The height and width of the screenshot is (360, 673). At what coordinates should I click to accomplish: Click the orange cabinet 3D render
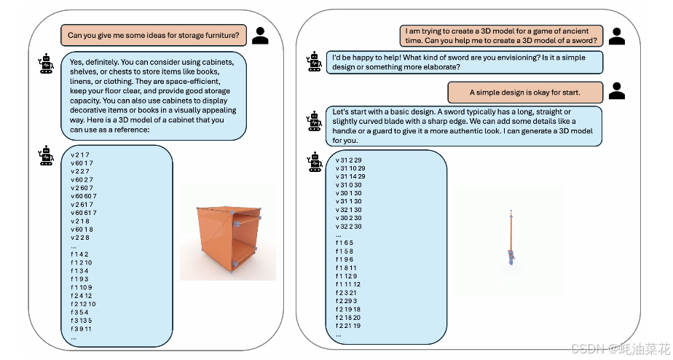click(x=228, y=233)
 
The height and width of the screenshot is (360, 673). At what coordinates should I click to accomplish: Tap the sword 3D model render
click(x=511, y=237)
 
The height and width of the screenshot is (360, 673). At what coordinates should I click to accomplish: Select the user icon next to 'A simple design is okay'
click(x=618, y=91)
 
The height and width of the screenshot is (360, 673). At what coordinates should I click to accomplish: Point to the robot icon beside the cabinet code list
click(x=47, y=155)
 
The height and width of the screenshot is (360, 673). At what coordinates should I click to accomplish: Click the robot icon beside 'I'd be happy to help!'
click(x=314, y=60)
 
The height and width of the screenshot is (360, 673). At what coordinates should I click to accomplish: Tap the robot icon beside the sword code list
click(x=314, y=162)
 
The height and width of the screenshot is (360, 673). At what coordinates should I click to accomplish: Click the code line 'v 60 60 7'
click(x=84, y=196)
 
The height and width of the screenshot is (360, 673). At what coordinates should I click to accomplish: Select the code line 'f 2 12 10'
click(x=83, y=303)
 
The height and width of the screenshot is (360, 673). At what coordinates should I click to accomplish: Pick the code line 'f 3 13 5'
click(x=82, y=321)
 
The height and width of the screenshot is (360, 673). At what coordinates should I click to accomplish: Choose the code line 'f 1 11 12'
click(x=348, y=284)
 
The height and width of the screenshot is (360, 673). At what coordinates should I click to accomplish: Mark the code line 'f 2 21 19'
click(x=348, y=326)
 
